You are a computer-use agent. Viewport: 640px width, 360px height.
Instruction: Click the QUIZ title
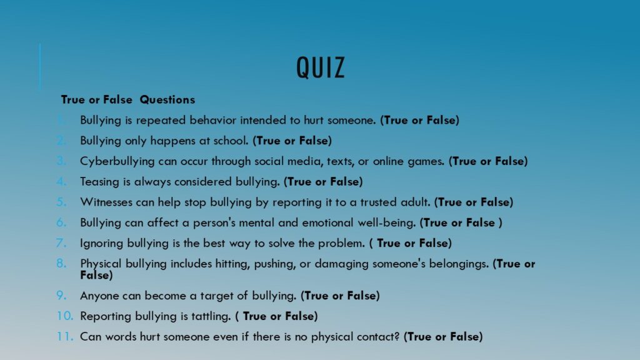tap(321, 67)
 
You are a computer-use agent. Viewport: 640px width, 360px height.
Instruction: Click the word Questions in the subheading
tap(167, 99)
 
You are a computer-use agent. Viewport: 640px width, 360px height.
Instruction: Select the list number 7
tap(61, 243)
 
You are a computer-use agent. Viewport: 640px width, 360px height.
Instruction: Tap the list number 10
tap(65, 316)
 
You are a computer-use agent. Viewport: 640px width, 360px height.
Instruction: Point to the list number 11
tap(65, 336)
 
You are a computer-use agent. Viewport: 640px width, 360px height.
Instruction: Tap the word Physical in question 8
tap(101, 264)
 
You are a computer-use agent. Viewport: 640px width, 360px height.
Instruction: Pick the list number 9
tap(61, 295)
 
